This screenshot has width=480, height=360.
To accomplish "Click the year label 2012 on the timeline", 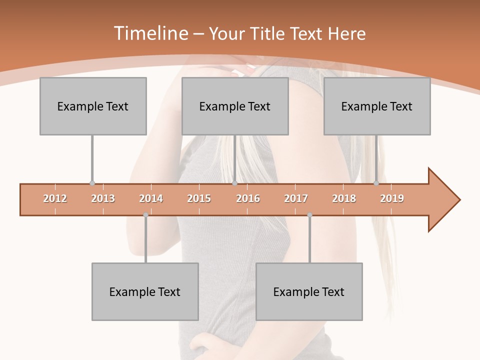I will pyautogui.click(x=55, y=199).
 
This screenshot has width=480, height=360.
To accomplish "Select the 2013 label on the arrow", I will pyautogui.click(x=103, y=199).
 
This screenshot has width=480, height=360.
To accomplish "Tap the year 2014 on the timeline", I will pyautogui.click(x=151, y=199).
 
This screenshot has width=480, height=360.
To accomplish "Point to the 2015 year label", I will pyautogui.click(x=199, y=199).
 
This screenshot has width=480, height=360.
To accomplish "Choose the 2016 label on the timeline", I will pyautogui.click(x=248, y=199).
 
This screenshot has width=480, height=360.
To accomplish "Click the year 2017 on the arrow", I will pyautogui.click(x=296, y=199).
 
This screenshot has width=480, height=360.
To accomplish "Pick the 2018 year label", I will pyautogui.click(x=344, y=199).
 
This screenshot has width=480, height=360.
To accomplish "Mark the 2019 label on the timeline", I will pyautogui.click(x=392, y=199).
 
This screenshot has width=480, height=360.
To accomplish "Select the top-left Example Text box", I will pyautogui.click(x=93, y=106).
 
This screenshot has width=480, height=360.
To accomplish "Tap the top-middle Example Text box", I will pyautogui.click(x=235, y=106).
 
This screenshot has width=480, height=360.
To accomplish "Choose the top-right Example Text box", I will pyautogui.click(x=377, y=106).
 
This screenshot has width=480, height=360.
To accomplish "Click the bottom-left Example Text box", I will pyautogui.click(x=145, y=292).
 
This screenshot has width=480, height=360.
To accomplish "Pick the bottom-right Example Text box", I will pyautogui.click(x=309, y=292).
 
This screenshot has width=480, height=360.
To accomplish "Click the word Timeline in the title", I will pyautogui.click(x=150, y=33).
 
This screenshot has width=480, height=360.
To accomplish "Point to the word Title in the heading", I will pyautogui.click(x=268, y=33).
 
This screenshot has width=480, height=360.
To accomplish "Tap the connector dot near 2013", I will pyautogui.click(x=92, y=183).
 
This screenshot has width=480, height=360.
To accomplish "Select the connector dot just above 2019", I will pyautogui.click(x=376, y=183).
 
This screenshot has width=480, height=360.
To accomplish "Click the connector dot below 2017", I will pyautogui.click(x=309, y=215).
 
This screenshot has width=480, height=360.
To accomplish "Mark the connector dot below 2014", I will pyautogui.click(x=145, y=215).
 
